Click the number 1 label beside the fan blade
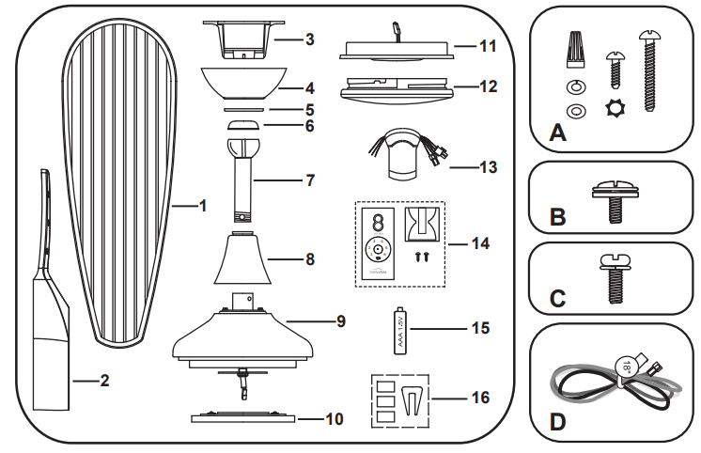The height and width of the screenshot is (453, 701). (202, 204)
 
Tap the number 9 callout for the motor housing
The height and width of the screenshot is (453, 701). (340, 321)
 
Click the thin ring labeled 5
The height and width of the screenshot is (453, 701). (243, 109)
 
